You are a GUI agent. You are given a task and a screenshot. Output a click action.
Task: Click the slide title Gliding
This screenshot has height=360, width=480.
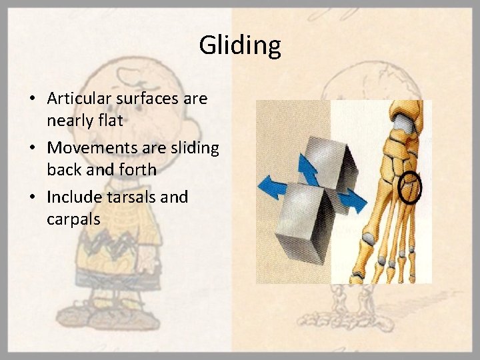pyautogui.click(x=240, y=46)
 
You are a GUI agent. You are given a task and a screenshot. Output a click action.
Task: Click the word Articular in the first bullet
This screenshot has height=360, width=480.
pyautogui.click(x=77, y=99)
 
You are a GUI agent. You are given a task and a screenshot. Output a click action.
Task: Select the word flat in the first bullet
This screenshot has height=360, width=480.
pyautogui.click(x=108, y=121)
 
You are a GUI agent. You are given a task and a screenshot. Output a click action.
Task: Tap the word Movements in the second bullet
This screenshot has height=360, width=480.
pyautogui.click(x=87, y=148)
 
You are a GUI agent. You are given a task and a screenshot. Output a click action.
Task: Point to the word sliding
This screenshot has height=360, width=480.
pyautogui.click(x=193, y=148)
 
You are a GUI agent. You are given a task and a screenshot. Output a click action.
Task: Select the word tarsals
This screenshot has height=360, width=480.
pyautogui.click(x=125, y=197)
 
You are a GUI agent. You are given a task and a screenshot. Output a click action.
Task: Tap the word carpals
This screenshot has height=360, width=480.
pyautogui.click(x=73, y=219)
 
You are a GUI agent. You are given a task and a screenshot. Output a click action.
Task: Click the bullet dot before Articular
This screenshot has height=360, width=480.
pyautogui.click(x=33, y=99)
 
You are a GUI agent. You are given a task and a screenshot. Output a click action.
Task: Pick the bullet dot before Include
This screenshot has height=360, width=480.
pyautogui.click(x=33, y=197)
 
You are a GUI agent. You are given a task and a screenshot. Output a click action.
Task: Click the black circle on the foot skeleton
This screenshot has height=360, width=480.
pyautogui.click(x=410, y=188)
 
